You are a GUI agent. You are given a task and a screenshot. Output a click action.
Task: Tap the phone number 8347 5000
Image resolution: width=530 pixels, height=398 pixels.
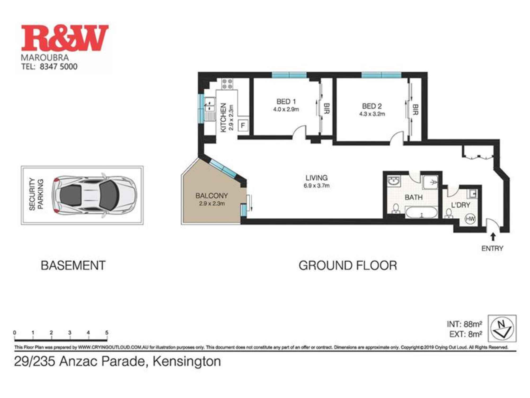(58, 66)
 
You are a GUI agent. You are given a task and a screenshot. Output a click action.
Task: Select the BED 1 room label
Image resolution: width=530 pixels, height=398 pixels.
(286, 102)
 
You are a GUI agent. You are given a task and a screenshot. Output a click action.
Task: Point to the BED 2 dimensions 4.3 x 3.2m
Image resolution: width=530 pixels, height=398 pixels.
(372, 114)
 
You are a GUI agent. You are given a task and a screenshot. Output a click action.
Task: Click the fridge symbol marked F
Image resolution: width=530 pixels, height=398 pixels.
(243, 126)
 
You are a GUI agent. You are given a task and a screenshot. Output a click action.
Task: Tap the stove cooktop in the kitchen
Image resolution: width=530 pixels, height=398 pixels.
(227, 84)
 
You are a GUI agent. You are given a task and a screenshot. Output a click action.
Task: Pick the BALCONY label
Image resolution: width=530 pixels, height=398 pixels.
(211, 196)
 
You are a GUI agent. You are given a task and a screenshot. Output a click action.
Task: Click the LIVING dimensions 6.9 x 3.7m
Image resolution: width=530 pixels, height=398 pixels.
(316, 186)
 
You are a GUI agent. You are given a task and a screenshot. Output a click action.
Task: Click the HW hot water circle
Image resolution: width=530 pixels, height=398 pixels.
(470, 219)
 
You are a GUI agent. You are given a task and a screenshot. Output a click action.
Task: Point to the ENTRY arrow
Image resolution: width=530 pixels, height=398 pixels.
(493, 236)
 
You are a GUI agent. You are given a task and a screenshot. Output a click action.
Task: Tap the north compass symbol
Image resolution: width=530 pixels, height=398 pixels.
(502, 328)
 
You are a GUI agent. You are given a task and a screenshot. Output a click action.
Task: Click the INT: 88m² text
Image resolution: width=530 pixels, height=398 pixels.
(464, 324)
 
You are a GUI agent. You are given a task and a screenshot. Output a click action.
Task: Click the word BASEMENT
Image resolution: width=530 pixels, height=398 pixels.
(73, 266)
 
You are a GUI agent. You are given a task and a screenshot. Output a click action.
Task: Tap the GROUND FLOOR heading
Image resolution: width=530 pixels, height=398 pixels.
(348, 266)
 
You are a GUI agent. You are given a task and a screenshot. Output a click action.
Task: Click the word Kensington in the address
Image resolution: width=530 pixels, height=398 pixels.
(187, 361)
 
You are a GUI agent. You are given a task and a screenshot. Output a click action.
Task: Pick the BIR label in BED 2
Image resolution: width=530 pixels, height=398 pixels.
(415, 110)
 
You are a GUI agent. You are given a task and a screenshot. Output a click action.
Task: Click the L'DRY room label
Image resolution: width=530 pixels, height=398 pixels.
(461, 205)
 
